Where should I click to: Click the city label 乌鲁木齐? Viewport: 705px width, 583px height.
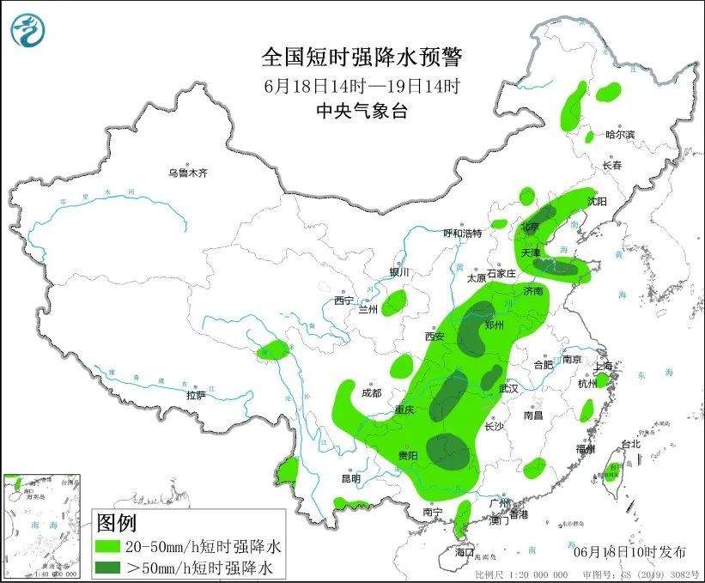pos(188,173)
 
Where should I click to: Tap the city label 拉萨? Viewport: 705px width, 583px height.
pos(196,395)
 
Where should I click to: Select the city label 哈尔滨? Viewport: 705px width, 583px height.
pos(619,135)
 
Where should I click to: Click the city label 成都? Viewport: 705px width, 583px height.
pos(371,393)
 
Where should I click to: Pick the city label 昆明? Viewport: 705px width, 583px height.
pos(351,478)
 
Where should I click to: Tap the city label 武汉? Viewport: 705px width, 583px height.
pos(508,389)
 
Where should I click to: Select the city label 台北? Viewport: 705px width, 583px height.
pos(630,444)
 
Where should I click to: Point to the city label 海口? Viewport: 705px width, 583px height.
pos(465,551)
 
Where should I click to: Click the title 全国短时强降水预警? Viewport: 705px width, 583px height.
pos(362,58)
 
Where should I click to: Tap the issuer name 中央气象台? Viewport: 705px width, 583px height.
pos(362,110)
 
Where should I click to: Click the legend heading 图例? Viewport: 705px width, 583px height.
pos(116,522)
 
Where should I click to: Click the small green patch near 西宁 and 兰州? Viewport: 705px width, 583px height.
pos(394,302)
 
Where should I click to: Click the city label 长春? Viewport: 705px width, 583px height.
pos(611,166)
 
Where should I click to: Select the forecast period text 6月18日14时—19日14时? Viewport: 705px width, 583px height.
pos(362,86)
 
